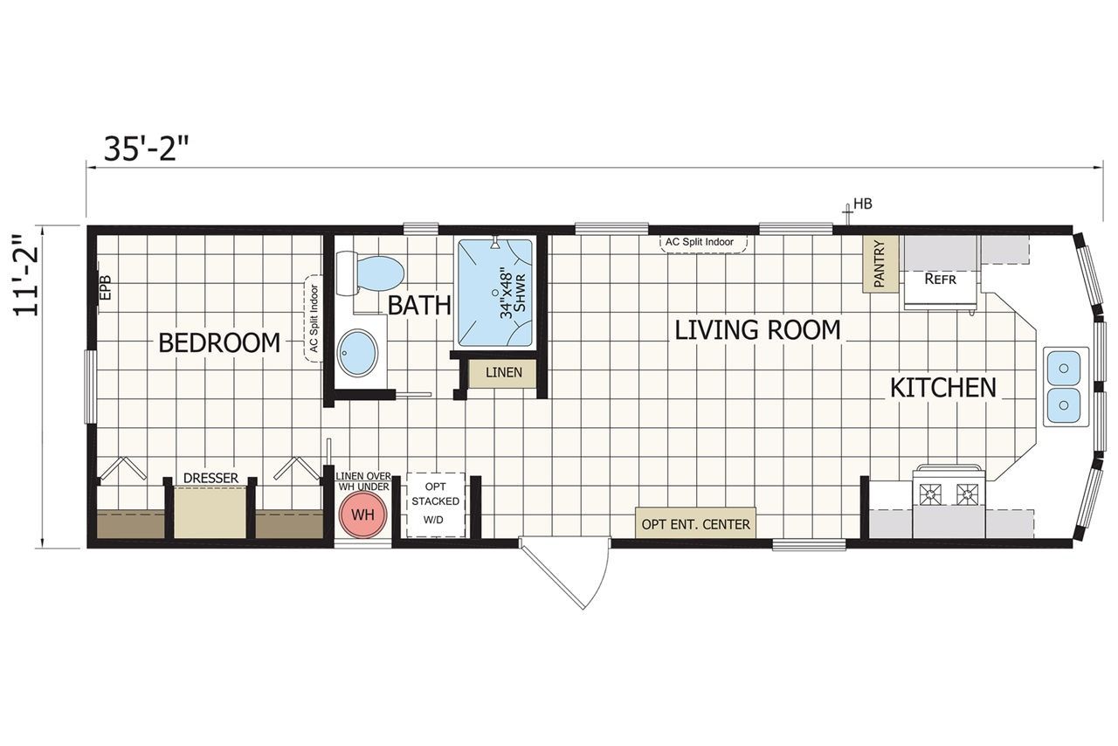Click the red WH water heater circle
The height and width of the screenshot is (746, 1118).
click(362, 515)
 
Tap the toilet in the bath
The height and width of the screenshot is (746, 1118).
click(371, 273)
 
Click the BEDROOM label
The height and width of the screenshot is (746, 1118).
click(219, 343)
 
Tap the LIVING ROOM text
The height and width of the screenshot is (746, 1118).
click(757, 329)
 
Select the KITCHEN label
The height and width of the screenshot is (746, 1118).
click(942, 387)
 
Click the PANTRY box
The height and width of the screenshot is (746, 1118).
click(880, 265)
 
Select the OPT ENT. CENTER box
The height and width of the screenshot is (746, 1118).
click(695, 524)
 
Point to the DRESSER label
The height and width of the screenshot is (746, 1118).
click(210, 479)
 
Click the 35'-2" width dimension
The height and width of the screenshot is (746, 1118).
click(146, 149)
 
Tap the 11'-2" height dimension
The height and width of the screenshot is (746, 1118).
click(31, 264)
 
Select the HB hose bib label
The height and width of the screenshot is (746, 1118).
click(863, 204)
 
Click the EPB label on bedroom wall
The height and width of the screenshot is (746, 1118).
click(105, 289)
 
